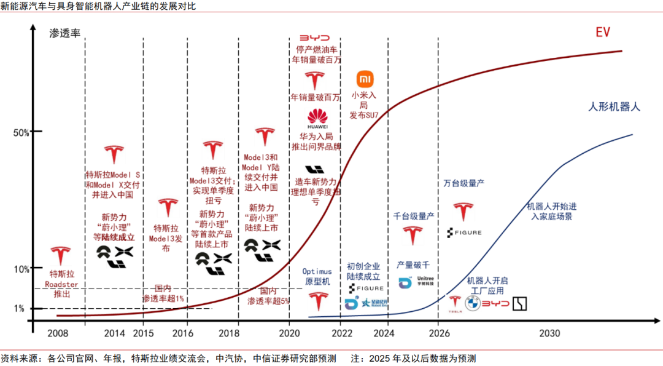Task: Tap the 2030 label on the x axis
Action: tap(549, 333)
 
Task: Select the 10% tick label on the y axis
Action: tap(20, 269)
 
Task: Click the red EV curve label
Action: tap(602, 32)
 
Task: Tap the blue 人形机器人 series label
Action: tap(614, 106)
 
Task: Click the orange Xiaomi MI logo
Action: tap(365, 79)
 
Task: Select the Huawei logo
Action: tap(317, 117)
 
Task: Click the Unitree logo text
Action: tap(425, 282)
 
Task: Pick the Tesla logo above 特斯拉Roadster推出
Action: tap(60, 257)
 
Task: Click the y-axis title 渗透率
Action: tap(65, 33)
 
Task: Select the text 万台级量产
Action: tap(464, 183)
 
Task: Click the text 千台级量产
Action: tap(413, 216)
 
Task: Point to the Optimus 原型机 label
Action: tap(317, 276)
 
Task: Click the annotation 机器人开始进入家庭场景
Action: tap(551, 212)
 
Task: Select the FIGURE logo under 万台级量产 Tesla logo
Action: tap(464, 233)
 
